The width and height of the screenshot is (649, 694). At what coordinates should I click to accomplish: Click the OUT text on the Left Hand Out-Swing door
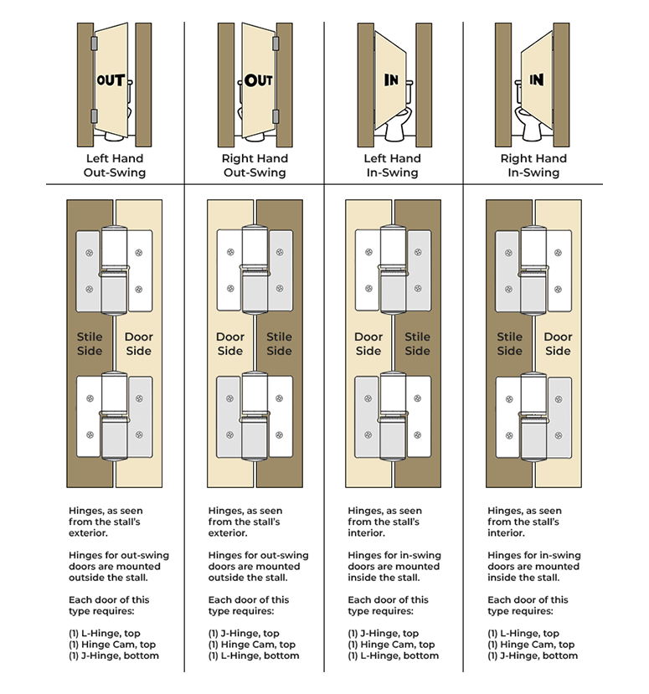(111, 81)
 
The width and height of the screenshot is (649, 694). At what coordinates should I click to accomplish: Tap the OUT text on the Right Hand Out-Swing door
(258, 81)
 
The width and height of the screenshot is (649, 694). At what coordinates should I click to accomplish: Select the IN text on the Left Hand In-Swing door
(391, 80)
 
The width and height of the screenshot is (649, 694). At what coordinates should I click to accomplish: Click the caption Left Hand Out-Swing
(115, 166)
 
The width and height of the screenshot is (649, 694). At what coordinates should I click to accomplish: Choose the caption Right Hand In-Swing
(533, 166)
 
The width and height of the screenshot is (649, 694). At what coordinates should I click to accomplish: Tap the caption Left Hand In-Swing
(393, 166)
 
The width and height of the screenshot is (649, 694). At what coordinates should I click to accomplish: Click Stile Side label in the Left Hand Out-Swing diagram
(90, 344)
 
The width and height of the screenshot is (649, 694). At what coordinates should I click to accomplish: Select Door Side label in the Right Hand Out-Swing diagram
(230, 344)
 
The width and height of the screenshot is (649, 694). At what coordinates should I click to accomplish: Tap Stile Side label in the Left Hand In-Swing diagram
(417, 344)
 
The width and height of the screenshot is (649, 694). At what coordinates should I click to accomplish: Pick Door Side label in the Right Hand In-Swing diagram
(558, 344)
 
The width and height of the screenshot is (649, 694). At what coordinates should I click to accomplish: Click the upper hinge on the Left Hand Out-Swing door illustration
(93, 42)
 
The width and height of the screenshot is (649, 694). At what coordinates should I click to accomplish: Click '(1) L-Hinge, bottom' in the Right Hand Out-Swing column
(254, 655)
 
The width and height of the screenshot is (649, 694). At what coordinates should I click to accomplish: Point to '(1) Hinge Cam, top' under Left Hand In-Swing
(391, 645)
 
